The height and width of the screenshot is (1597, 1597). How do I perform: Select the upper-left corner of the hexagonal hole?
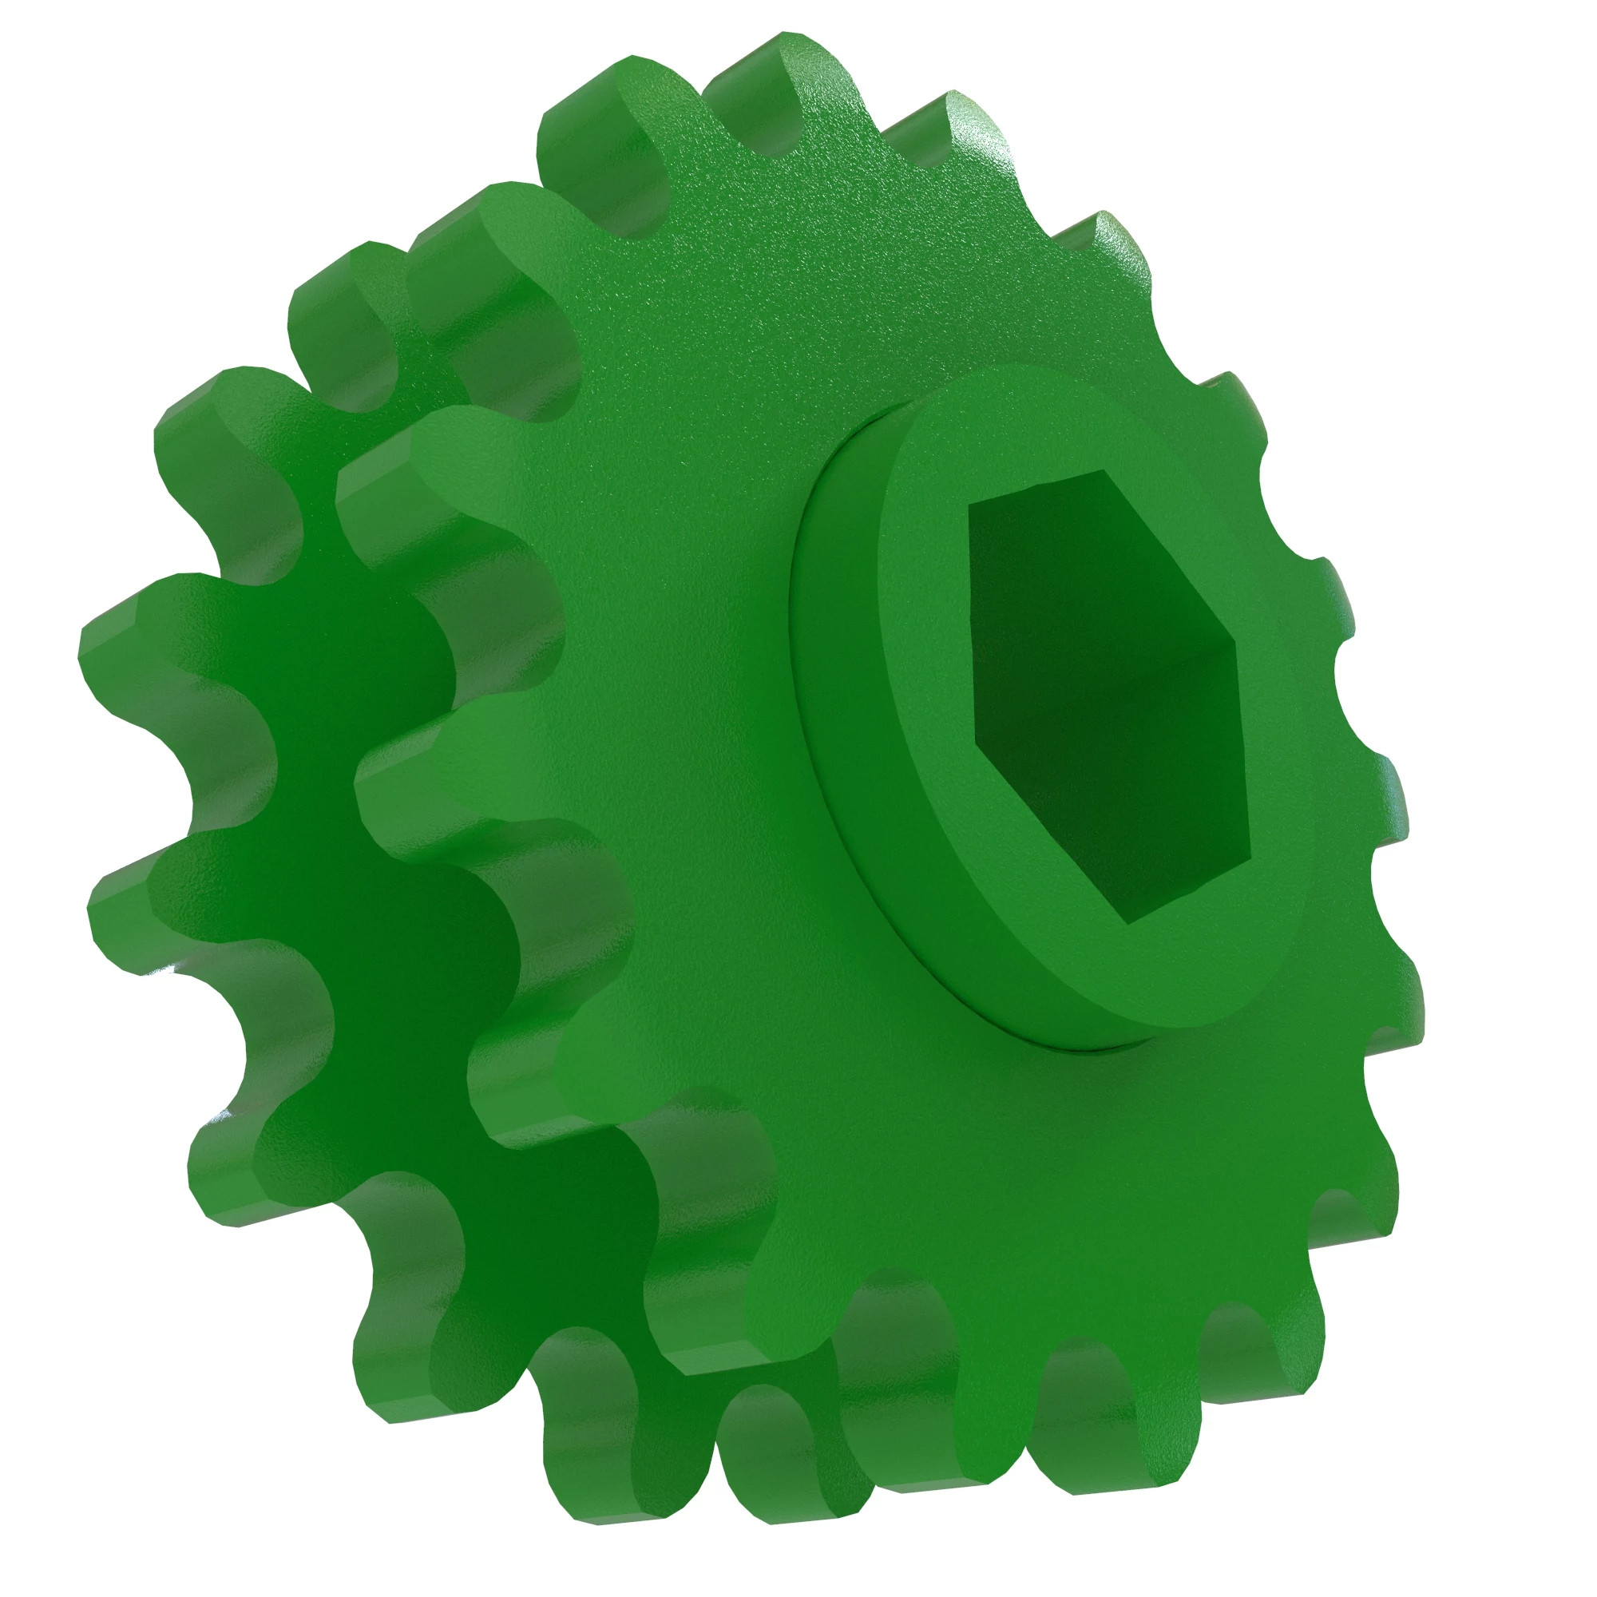point(969,501)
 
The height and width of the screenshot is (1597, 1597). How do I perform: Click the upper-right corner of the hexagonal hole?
point(1237,639)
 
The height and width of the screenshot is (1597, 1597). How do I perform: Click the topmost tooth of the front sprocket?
point(794,74)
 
